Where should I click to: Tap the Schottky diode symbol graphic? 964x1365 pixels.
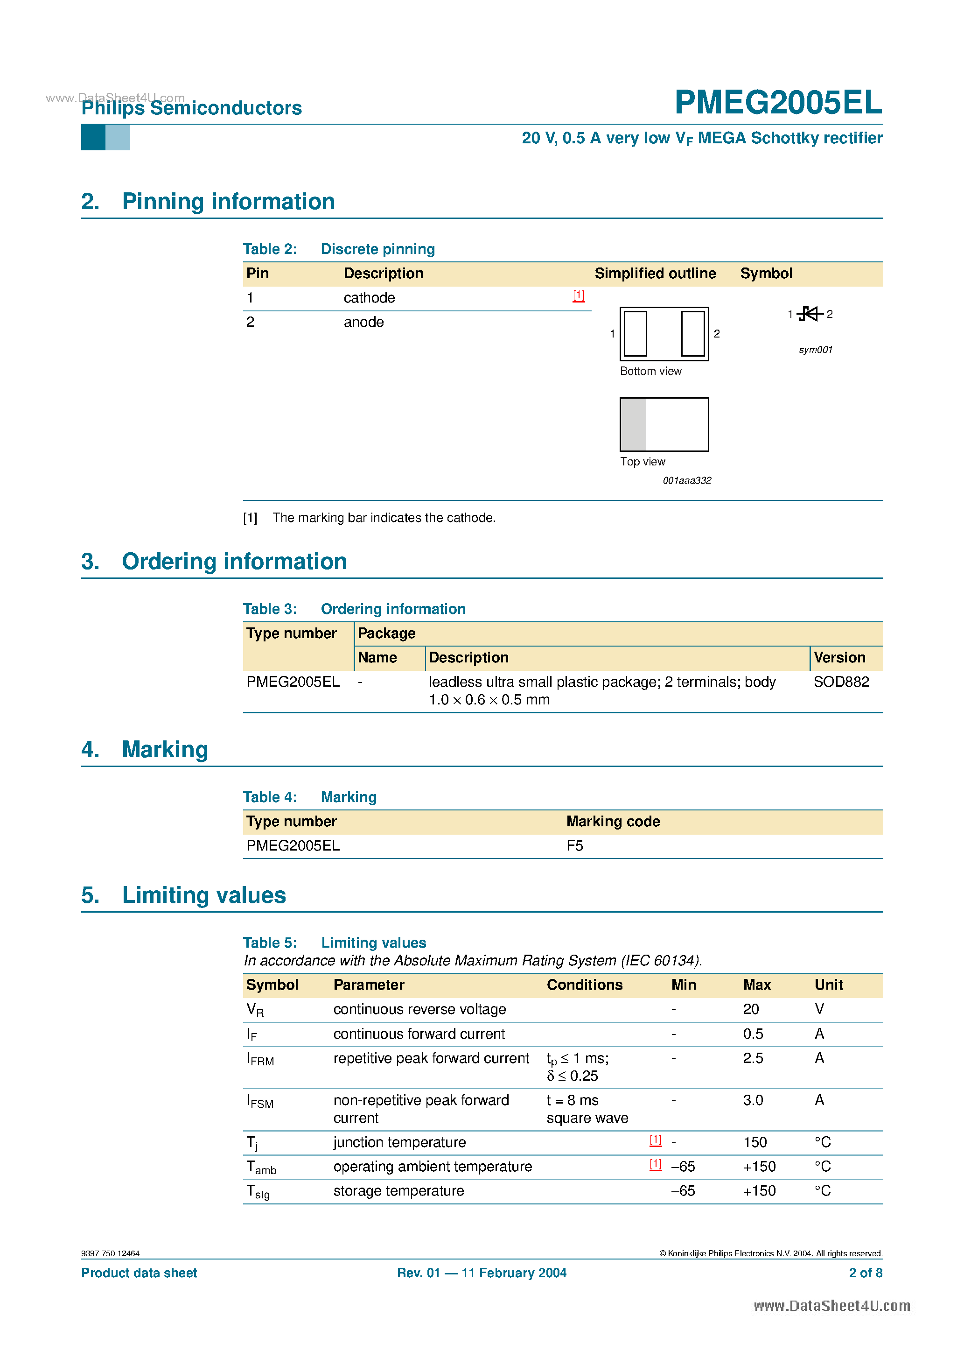pos(810,313)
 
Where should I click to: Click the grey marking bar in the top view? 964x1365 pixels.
pos(633,424)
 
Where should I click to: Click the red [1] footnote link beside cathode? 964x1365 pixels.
pos(578,296)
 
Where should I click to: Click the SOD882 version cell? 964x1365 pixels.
pos(840,682)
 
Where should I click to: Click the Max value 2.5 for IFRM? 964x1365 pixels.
pos(753,1058)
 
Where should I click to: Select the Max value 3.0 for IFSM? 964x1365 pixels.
pos(753,1100)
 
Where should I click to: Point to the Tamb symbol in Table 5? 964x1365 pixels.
pos(261,1168)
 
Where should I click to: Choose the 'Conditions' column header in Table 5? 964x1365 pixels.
pos(584,985)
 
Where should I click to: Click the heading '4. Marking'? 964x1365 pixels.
pos(145,750)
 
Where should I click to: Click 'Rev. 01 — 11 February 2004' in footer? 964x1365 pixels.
pos(482,1273)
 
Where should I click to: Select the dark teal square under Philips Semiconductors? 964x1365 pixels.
pos(93,137)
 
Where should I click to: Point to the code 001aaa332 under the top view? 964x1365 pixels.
pos(686,480)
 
